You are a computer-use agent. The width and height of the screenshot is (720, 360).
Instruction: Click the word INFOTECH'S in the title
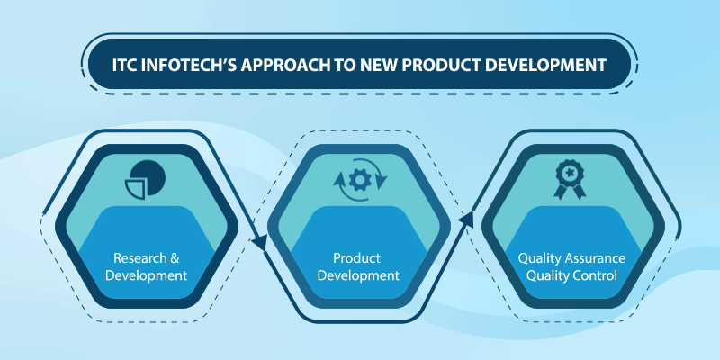187,65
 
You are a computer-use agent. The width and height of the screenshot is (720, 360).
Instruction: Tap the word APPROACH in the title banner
279,65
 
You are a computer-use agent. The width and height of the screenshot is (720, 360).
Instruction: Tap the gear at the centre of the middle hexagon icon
360,180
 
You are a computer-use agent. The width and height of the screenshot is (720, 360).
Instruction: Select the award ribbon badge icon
570,179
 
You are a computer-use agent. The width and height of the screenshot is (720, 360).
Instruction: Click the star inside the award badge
570,172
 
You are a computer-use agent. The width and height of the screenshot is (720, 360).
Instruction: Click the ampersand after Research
174,258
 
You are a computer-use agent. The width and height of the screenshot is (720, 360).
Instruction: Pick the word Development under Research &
147,276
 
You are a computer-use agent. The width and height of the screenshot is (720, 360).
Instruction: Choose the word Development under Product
358,276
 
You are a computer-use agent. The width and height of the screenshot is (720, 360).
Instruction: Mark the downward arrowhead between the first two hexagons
260,243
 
